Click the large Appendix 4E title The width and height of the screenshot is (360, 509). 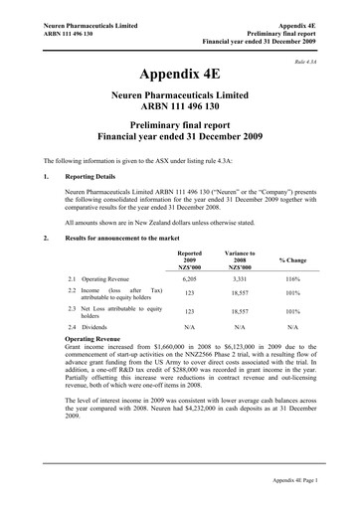click(x=179, y=75)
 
